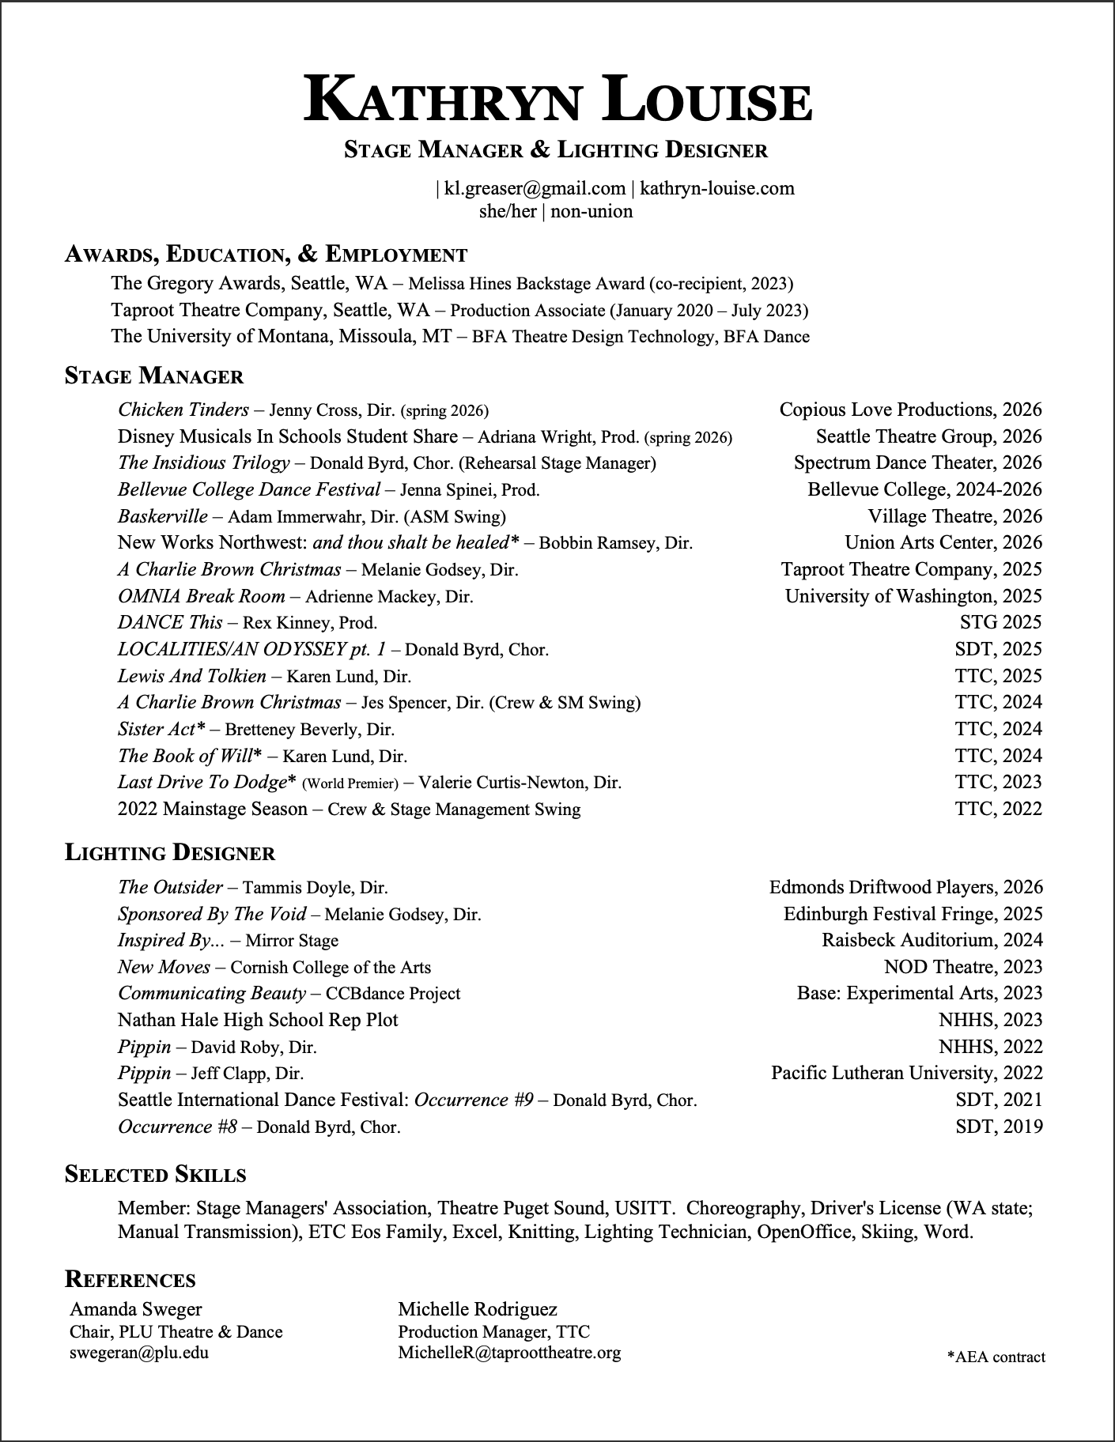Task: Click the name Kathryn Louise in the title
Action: tap(557, 100)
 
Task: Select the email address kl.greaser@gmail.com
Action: tap(535, 188)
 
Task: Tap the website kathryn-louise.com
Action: tap(716, 188)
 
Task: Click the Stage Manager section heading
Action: tap(154, 376)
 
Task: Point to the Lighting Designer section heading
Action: tap(170, 853)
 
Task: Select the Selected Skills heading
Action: tap(155, 1174)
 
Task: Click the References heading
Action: tap(130, 1279)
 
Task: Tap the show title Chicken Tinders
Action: tap(183, 410)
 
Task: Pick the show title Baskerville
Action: tap(163, 516)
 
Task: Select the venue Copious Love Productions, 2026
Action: tap(910, 410)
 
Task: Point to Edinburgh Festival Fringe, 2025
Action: tap(913, 914)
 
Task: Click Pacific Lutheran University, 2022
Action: tap(906, 1073)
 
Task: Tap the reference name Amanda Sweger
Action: tap(136, 1309)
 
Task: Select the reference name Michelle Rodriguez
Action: tap(478, 1309)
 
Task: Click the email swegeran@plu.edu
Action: tap(139, 1352)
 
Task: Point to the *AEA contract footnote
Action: tap(996, 1357)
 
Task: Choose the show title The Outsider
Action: tap(170, 887)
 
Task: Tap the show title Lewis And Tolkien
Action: tap(192, 676)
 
